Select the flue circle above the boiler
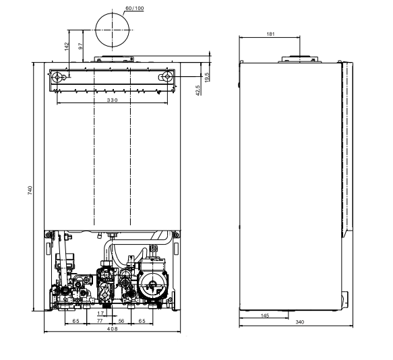(x=112, y=30)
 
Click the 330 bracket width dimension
(x=112, y=100)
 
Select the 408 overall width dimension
(x=112, y=330)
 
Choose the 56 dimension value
(x=122, y=322)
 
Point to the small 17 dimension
(x=100, y=313)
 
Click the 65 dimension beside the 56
(x=141, y=322)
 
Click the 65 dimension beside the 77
(x=76, y=322)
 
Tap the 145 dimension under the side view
(x=266, y=315)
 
